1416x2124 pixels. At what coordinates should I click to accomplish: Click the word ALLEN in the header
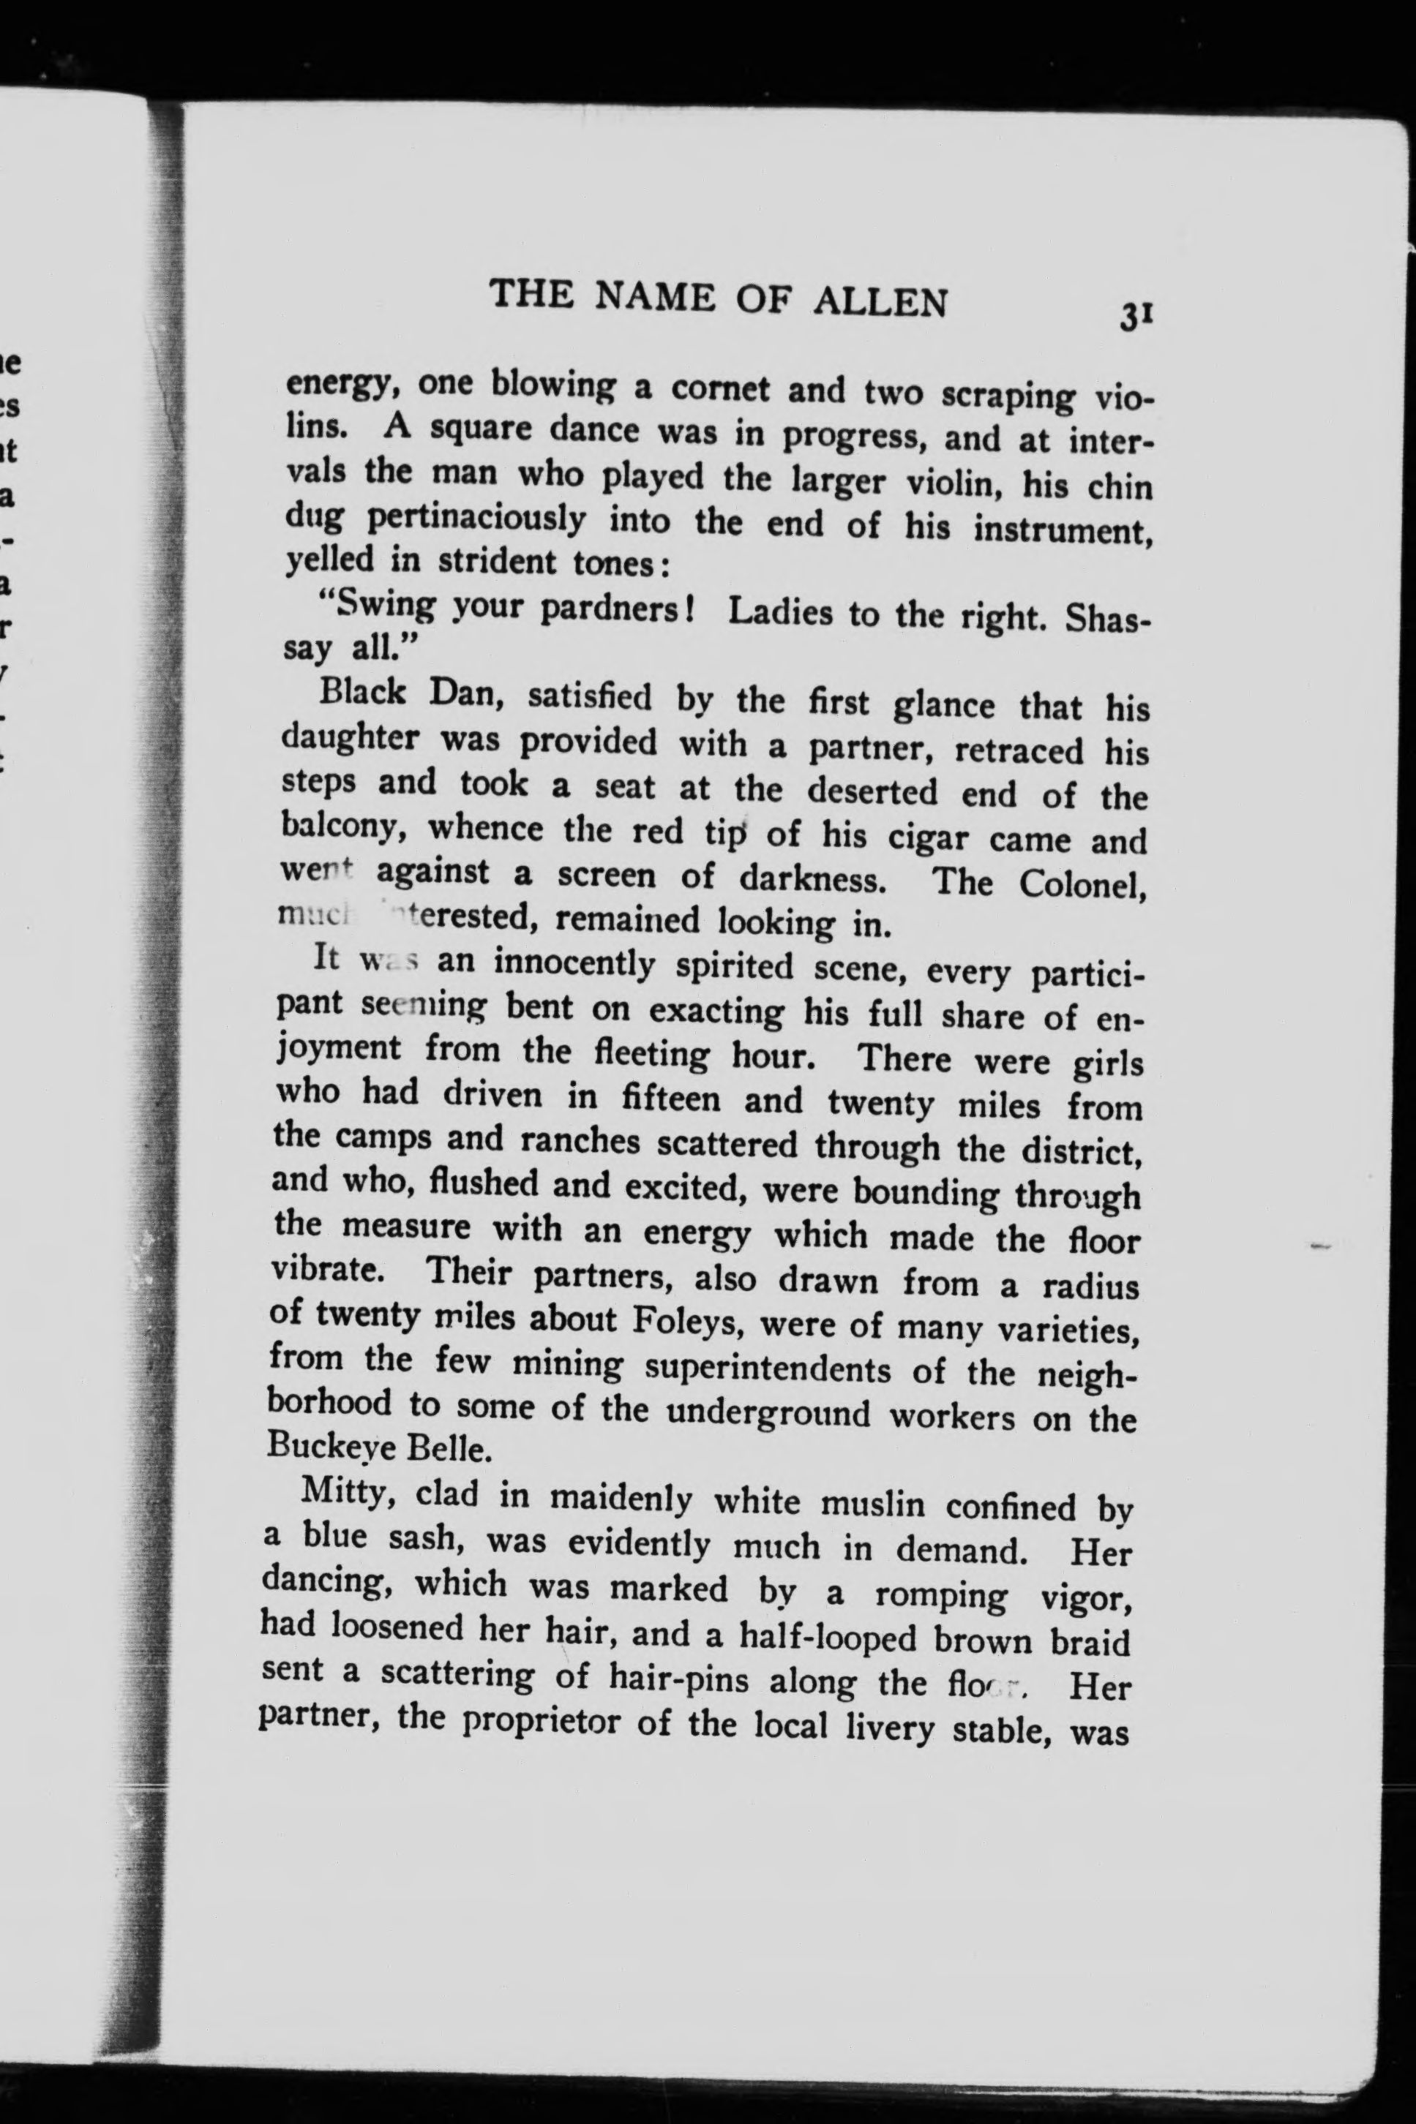tap(880, 301)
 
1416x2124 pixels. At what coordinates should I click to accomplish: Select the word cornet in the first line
tap(720, 388)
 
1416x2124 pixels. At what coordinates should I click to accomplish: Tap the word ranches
tap(580, 1141)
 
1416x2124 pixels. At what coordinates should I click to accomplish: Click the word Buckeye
tap(331, 1446)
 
